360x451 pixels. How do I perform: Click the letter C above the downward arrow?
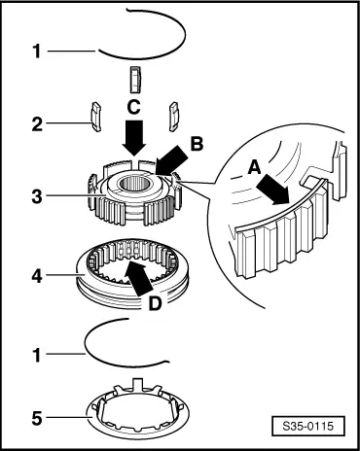pyautogui.click(x=133, y=107)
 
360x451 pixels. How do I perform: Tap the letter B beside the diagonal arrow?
pyautogui.click(x=197, y=144)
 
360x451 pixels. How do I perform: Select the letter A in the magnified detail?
pyautogui.click(x=254, y=168)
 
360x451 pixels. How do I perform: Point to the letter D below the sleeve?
pyautogui.click(x=155, y=303)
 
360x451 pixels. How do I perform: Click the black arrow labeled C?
pyautogui.click(x=134, y=137)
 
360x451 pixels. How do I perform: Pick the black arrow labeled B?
pyautogui.click(x=172, y=160)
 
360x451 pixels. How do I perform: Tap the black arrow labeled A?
pyautogui.click(x=272, y=190)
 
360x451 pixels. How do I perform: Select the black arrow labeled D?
pyautogui.click(x=138, y=277)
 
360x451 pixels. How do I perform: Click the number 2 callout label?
pyautogui.click(x=37, y=124)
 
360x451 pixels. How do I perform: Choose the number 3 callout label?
pyautogui.click(x=37, y=196)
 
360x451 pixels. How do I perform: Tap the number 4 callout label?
pyautogui.click(x=37, y=276)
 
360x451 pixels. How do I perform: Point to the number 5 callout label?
pyautogui.click(x=37, y=418)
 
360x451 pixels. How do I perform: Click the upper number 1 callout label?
pyautogui.click(x=38, y=52)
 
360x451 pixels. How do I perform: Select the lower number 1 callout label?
pyautogui.click(x=38, y=355)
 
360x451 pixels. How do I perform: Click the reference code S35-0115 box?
pyautogui.click(x=308, y=426)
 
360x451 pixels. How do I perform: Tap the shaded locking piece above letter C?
pyautogui.click(x=135, y=80)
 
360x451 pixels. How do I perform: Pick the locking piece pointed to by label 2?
pyautogui.click(x=95, y=117)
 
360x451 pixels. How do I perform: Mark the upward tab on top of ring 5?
pyautogui.click(x=138, y=383)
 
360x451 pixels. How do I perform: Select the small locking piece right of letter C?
pyautogui.click(x=176, y=117)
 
